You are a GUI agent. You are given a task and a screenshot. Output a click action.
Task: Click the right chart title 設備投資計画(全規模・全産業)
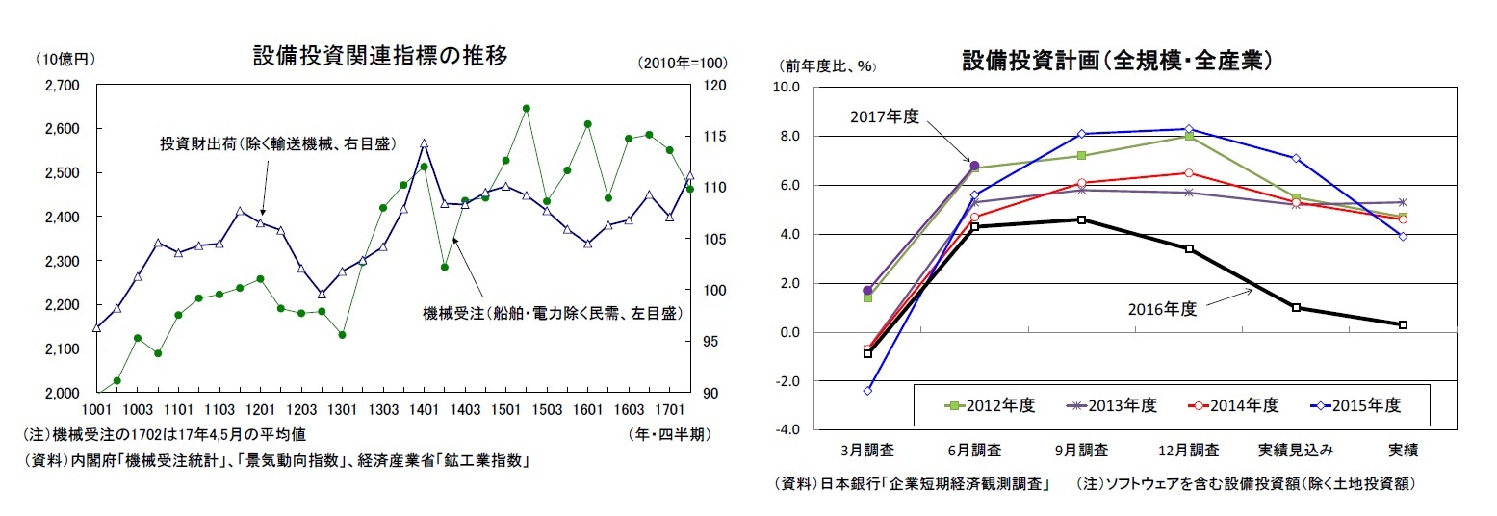click(1119, 60)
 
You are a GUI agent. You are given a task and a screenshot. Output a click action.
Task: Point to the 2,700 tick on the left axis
click(64, 85)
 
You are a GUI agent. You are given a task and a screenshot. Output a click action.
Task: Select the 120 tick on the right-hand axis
click(711, 85)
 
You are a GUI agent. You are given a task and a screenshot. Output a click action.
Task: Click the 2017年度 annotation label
click(885, 116)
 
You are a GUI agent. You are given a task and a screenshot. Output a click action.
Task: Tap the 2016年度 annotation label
click(1162, 309)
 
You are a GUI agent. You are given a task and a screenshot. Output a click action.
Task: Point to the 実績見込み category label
click(1297, 450)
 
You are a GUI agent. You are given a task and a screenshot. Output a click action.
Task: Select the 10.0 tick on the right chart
click(787, 88)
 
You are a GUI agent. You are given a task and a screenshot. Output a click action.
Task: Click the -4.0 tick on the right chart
click(787, 430)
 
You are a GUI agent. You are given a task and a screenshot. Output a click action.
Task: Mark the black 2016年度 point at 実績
click(1403, 325)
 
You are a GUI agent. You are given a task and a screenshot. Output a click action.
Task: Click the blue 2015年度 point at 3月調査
click(867, 391)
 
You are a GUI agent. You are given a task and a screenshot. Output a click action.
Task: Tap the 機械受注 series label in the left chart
click(553, 313)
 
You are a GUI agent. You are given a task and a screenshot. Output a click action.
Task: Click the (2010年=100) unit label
click(682, 64)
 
